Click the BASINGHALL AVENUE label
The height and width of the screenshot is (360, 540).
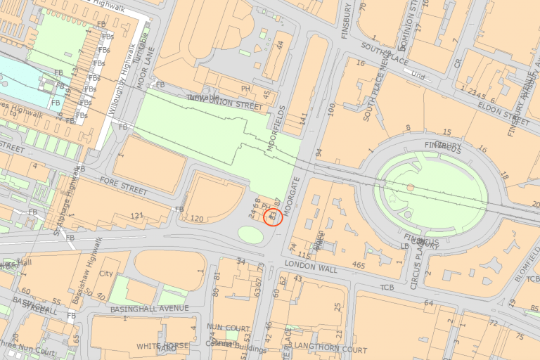[x=154, y=309]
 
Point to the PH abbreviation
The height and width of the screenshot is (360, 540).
[x=245, y=89]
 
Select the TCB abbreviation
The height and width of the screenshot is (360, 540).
[x=387, y=288]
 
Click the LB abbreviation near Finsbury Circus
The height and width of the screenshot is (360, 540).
[x=404, y=247]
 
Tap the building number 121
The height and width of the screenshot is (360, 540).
[x=136, y=215]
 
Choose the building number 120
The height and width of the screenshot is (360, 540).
[x=197, y=219]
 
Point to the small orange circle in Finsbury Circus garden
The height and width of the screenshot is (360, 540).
[x=411, y=188]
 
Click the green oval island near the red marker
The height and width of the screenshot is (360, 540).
[x=251, y=233]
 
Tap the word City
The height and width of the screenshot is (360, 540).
[x=106, y=274]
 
